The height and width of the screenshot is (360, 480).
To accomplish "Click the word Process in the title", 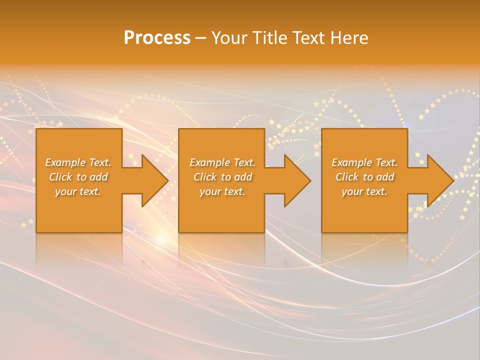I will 157,38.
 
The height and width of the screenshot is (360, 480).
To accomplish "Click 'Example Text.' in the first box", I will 78,162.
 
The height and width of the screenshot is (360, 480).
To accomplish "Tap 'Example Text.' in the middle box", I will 222,162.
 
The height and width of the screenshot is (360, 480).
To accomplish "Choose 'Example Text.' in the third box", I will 364,162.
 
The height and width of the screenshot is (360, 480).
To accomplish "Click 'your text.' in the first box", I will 78,191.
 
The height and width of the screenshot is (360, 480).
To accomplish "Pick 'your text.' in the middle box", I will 222,191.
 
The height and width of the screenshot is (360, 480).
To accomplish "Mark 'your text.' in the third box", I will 364,191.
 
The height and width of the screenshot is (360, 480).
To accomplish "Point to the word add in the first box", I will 99,177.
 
